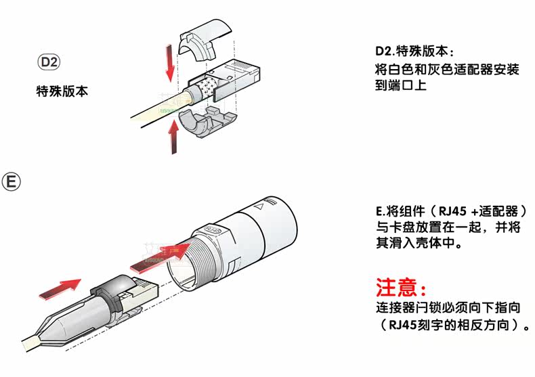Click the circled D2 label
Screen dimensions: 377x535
coord(49,63)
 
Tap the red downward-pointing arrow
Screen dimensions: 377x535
coord(167,60)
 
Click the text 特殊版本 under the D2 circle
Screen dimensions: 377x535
coord(62,90)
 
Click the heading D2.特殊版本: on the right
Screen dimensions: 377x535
coord(414,52)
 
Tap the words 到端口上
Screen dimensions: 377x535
coord(400,87)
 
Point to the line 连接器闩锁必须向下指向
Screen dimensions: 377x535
coord(448,308)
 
